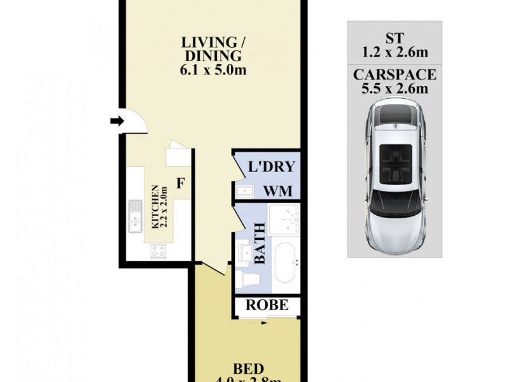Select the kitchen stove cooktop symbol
(158, 251)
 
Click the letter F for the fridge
(181, 185)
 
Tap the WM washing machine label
(279, 190)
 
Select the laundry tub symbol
(245, 190)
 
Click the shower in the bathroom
(284, 220)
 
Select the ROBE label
(268, 306)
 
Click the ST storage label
(394, 36)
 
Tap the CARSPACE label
(394, 74)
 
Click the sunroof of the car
(394, 159)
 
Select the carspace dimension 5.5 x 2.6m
(394, 88)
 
